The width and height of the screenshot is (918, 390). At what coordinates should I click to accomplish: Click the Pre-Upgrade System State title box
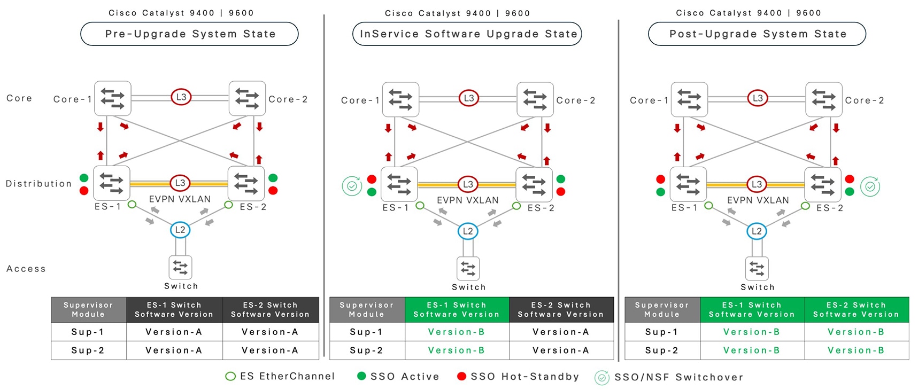(189, 34)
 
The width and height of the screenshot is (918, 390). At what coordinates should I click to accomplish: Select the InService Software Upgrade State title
(467, 34)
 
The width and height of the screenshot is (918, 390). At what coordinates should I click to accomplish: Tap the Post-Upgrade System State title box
(757, 34)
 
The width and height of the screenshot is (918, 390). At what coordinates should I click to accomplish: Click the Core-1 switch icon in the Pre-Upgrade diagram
(113, 98)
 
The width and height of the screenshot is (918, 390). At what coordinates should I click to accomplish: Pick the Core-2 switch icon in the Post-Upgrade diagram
(824, 99)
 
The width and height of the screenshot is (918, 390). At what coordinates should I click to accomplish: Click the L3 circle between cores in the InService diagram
(468, 98)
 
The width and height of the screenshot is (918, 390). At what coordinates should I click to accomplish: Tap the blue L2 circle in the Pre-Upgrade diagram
(180, 230)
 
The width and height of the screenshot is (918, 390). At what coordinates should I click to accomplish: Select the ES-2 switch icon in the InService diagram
(534, 185)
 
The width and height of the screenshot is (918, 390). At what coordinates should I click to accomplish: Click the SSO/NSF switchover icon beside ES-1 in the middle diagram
(352, 186)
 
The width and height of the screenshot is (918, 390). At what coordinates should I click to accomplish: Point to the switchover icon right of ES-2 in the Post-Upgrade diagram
(870, 186)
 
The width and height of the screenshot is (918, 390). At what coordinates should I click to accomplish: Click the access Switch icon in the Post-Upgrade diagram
(757, 268)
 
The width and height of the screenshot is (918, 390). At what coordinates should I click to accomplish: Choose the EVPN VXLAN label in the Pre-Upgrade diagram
(180, 199)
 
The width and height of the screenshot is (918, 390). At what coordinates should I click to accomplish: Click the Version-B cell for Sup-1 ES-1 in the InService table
(457, 332)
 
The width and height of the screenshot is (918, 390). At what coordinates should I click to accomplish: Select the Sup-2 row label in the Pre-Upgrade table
(88, 350)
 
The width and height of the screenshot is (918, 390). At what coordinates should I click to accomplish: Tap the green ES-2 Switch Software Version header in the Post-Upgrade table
(856, 310)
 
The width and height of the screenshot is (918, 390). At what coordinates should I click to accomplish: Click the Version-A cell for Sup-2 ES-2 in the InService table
(561, 350)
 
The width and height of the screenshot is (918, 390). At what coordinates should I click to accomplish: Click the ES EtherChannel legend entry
(280, 377)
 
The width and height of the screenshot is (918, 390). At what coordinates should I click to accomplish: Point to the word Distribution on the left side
(38, 184)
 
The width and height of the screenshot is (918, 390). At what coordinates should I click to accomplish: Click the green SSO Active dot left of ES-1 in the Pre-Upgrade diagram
(84, 178)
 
